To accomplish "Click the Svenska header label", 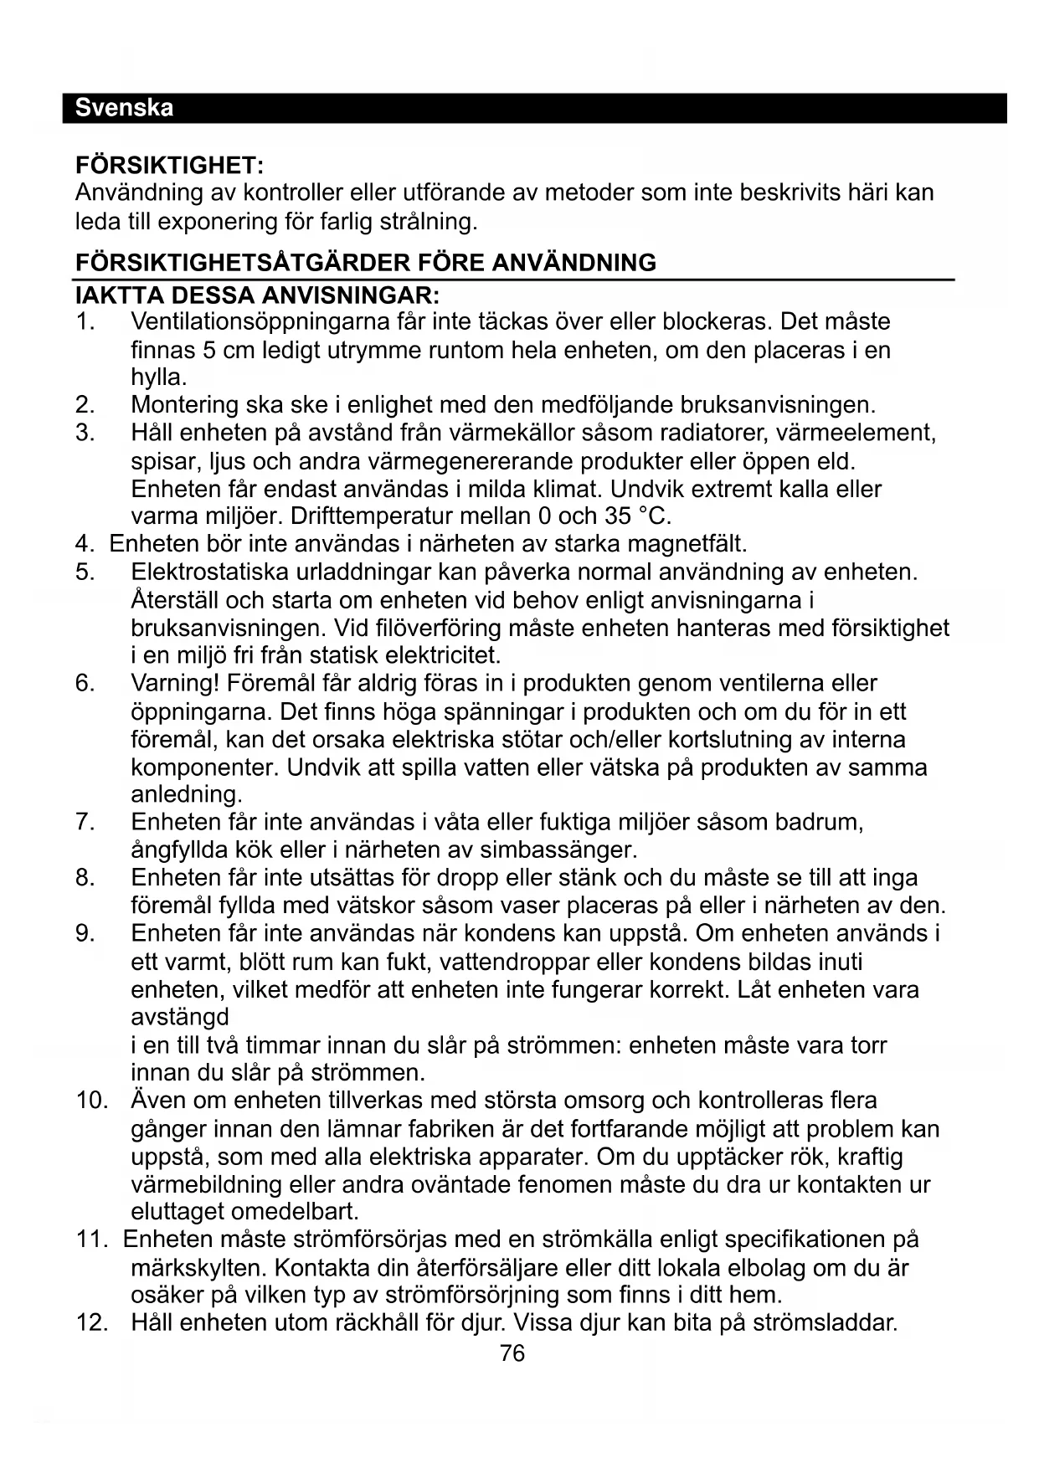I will coord(124,108).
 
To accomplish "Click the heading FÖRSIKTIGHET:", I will coord(169,164).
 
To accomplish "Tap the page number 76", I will coord(512,1353).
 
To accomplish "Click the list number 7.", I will coord(85,822).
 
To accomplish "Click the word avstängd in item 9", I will coord(180,1018).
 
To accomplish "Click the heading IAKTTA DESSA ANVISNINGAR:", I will coord(257,295).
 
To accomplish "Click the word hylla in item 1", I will coord(157,377).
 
